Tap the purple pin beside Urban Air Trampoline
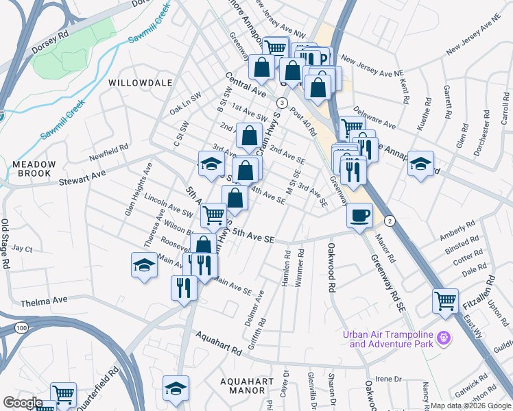pyautogui.click(x=444, y=338)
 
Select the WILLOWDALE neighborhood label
pyautogui.click(x=140, y=82)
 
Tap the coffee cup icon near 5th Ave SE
pyautogui.click(x=359, y=216)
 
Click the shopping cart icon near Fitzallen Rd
pyautogui.click(x=445, y=300)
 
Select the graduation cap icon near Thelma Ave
pyautogui.click(x=144, y=265)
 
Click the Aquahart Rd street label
pyautogui.click(x=219, y=343)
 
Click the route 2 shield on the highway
pyautogui.click(x=390, y=220)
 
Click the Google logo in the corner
pyautogui.click(x=23, y=403)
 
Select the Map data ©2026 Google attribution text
pyautogui.click(x=470, y=406)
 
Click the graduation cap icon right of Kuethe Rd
pyautogui.click(x=420, y=164)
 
